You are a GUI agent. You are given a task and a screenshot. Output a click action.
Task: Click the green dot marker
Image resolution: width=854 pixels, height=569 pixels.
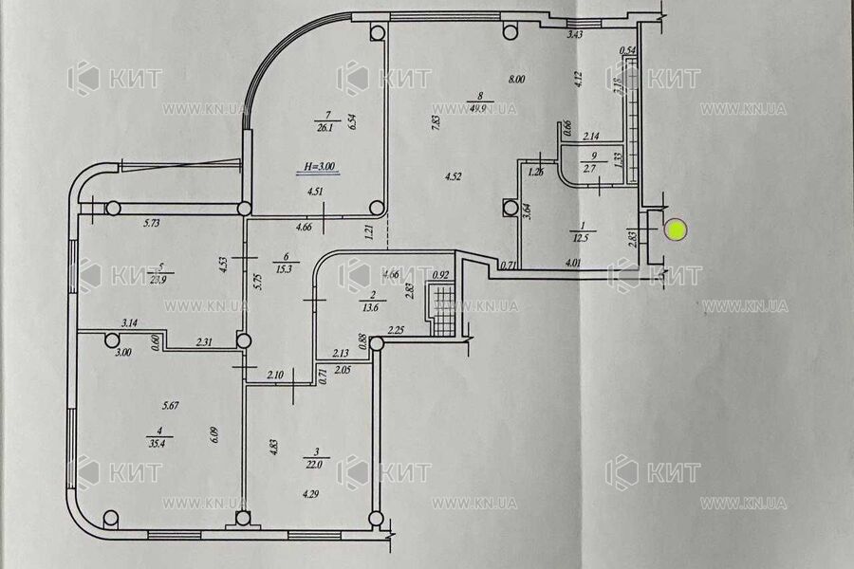(676, 229)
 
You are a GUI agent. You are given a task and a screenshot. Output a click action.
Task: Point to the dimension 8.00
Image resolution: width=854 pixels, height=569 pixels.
(515, 81)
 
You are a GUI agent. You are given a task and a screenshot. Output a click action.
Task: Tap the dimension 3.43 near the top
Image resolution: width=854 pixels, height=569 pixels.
(574, 35)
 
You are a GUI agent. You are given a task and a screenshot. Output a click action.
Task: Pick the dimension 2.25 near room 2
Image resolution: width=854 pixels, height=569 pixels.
(397, 331)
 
